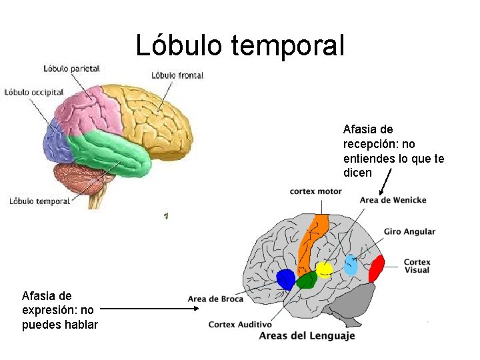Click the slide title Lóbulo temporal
coord(240,45)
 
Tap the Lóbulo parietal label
coord(71,68)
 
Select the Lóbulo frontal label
coord(177,75)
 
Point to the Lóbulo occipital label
coord(34,92)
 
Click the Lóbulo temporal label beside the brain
coord(40,201)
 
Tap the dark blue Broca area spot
coord(286,279)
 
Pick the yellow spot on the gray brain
coord(324,269)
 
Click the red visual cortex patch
coord(377,269)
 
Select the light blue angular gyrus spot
coord(351,265)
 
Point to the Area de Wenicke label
coord(393,200)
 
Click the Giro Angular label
coord(409,232)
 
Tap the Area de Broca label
coord(215,299)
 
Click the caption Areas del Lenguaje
coord(307,335)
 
